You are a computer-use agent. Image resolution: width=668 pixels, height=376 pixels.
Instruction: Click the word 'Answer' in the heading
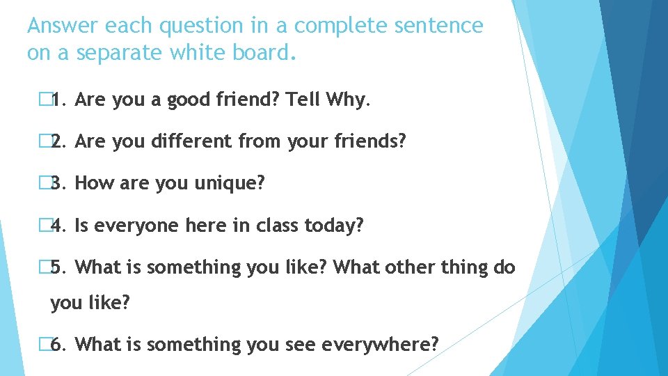pyautogui.click(x=63, y=26)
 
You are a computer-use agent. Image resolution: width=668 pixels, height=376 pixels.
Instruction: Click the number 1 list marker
pyautogui.click(x=58, y=100)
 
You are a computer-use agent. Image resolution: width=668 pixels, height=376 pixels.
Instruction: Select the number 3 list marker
pyautogui.click(x=58, y=184)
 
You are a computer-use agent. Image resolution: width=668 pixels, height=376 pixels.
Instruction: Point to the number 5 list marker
pyautogui.click(x=58, y=267)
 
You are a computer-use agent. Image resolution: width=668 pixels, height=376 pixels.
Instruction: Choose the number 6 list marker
pyautogui.click(x=58, y=344)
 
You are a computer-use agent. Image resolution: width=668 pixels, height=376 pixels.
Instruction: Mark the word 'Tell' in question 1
pyautogui.click(x=304, y=100)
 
